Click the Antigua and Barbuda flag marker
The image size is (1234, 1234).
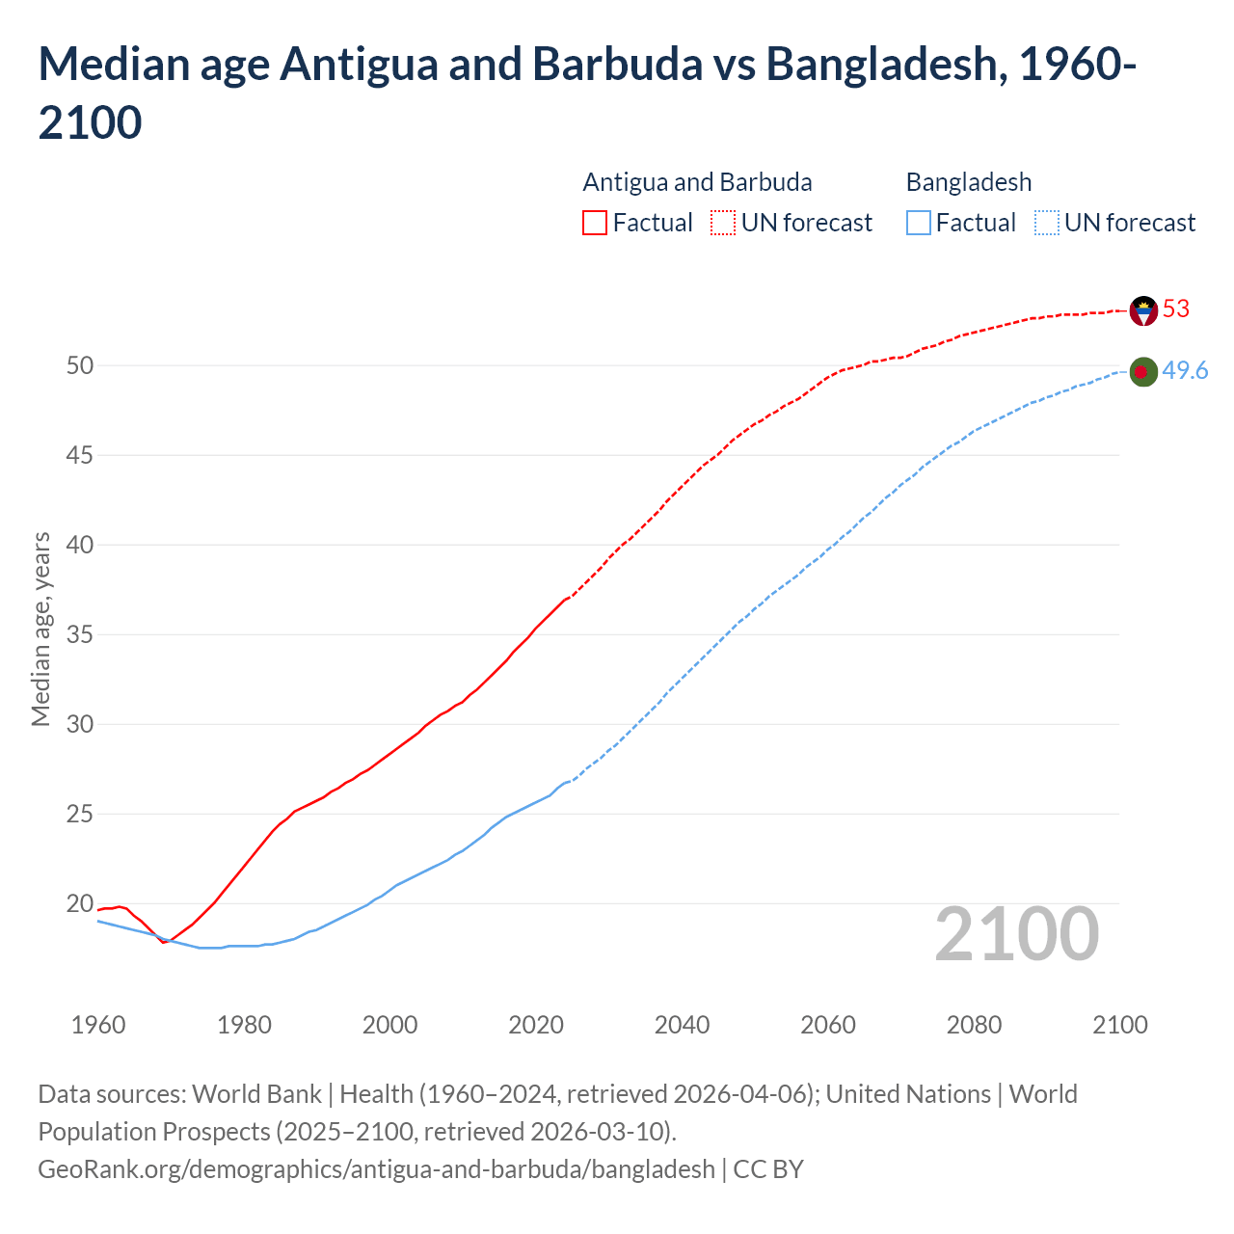[1143, 310]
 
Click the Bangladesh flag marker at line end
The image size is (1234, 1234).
[1143, 372]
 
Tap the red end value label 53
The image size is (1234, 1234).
[1176, 309]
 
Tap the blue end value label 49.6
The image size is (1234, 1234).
[1185, 371]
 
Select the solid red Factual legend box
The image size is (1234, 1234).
[595, 224]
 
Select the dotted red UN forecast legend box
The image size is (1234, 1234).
[723, 224]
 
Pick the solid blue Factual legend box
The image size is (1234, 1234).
[919, 224]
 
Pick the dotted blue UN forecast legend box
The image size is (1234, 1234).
[1046, 224]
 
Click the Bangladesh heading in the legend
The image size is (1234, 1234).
[969, 182]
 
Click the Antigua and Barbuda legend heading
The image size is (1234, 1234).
[697, 182]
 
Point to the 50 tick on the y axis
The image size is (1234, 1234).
[80, 365]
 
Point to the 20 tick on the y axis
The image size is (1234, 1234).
[80, 904]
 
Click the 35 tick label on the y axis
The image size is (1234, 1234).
[80, 635]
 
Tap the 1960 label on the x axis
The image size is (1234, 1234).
[98, 1025]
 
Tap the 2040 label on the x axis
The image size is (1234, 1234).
[682, 1025]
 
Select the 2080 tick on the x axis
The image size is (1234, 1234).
[974, 1025]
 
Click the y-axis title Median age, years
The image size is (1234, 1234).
[40, 629]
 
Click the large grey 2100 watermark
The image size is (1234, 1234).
[1017, 934]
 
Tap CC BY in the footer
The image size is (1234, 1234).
[768, 1169]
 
